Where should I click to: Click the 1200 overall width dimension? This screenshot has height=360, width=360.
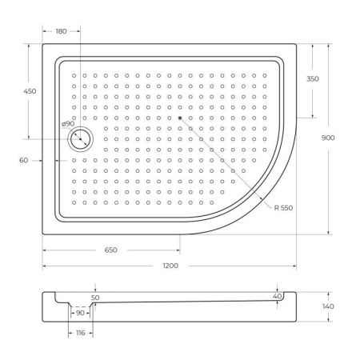(x=170, y=265)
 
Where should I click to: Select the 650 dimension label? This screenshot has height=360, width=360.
(x=110, y=250)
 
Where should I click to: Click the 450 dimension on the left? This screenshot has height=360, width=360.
(x=30, y=91)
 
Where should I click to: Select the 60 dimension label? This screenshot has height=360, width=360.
(x=24, y=160)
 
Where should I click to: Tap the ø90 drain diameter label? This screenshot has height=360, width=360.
(x=68, y=123)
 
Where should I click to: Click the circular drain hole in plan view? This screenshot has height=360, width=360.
(x=81, y=139)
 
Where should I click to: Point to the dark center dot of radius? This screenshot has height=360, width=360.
(x=180, y=118)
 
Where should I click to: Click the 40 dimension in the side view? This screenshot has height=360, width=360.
(x=278, y=296)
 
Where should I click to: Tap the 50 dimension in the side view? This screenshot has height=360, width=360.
(x=96, y=297)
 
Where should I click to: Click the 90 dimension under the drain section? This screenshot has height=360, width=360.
(x=79, y=314)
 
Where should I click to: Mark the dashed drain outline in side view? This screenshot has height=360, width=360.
(x=79, y=306)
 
